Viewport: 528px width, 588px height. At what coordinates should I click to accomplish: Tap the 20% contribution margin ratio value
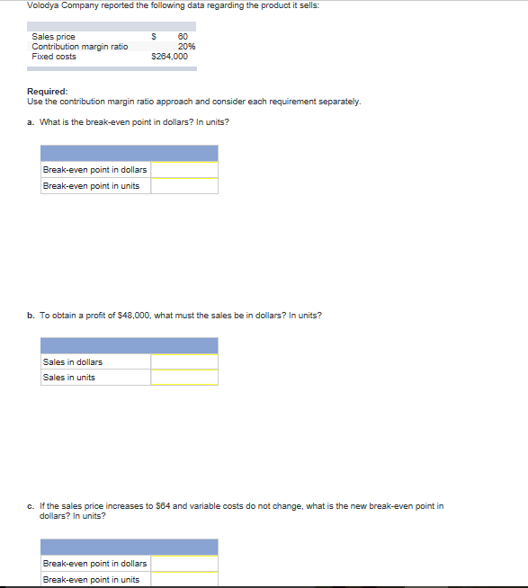coord(187,46)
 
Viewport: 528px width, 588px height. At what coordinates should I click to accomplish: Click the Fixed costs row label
coord(54,56)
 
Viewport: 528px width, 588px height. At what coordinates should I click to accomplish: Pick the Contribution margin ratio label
coord(79,46)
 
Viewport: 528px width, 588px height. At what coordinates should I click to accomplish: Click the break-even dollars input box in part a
coord(184,170)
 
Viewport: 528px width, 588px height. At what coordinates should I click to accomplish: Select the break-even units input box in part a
coord(184,186)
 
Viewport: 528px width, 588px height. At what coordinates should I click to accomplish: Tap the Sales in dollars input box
coord(184,362)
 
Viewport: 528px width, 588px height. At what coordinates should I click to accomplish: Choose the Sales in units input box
coord(184,378)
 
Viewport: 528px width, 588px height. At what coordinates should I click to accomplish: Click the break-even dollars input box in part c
coord(184,564)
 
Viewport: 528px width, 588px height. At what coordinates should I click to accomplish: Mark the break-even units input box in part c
coord(184,580)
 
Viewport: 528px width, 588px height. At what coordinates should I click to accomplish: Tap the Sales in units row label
coord(69,378)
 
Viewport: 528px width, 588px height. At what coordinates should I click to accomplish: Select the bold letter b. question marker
coord(31,316)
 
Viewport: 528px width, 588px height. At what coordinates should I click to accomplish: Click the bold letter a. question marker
coord(31,122)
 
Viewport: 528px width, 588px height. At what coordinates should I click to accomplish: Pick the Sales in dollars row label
coord(73,362)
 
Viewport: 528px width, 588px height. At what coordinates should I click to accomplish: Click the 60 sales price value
coord(183,36)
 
